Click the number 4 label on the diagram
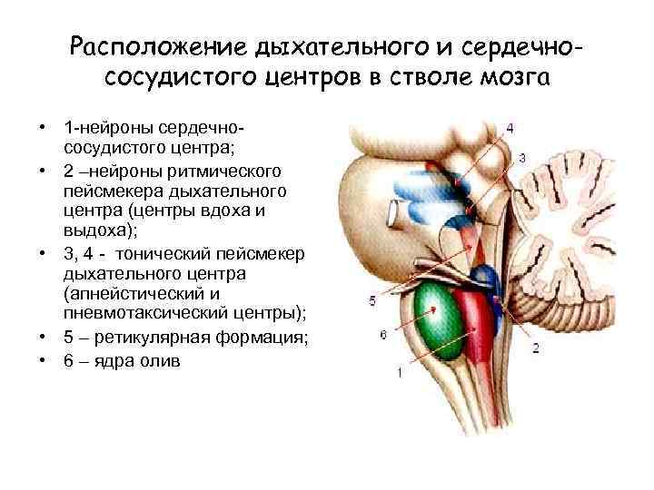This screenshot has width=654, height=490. [x=510, y=128]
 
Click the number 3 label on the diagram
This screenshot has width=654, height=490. [x=521, y=158]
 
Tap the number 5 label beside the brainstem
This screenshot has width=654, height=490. [x=372, y=299]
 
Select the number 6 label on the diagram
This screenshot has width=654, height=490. [x=382, y=334]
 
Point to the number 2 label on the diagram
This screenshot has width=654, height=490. [x=536, y=347]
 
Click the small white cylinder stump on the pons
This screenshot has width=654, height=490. [x=393, y=214]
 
